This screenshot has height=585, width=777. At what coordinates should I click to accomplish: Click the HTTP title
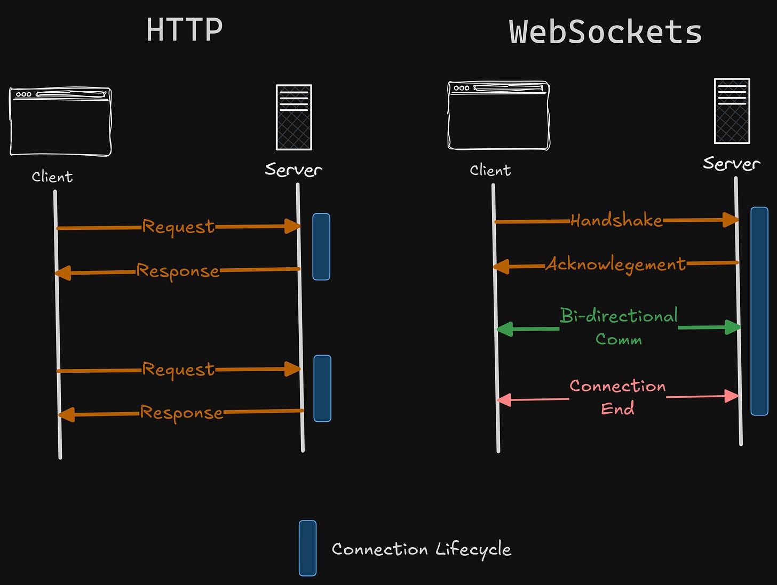coord(184,30)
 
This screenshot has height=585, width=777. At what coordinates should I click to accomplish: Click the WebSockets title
coord(605,32)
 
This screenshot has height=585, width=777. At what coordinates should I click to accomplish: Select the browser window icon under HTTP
coord(60,122)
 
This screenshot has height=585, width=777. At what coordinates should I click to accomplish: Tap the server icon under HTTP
coord(294,117)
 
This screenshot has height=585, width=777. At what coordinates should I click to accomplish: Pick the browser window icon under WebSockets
coord(498,115)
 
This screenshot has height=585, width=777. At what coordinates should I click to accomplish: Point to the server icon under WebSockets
coord(732,111)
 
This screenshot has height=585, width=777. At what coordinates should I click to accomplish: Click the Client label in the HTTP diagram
coord(52,177)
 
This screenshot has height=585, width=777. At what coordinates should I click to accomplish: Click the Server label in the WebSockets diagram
coord(731,163)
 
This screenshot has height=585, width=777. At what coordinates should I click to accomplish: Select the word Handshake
coord(616,220)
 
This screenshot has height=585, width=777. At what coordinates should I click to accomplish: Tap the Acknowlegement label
coord(615,265)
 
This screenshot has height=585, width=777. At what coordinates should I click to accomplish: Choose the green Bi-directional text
coord(619,316)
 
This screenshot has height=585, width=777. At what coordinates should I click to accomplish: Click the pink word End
coord(617,408)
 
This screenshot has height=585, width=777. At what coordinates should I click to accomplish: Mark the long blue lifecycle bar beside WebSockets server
coord(759,311)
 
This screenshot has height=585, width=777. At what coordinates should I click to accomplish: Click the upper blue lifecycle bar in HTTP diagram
coord(321,246)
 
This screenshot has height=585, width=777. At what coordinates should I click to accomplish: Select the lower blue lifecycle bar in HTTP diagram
coord(322,388)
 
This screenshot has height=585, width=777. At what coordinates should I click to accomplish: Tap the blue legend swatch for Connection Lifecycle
coord(307,548)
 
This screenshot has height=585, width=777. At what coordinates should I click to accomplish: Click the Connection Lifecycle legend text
coord(421,549)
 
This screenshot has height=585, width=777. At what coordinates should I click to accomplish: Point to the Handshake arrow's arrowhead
coord(731,220)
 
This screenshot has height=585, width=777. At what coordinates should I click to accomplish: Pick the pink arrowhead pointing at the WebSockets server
coord(732,396)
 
